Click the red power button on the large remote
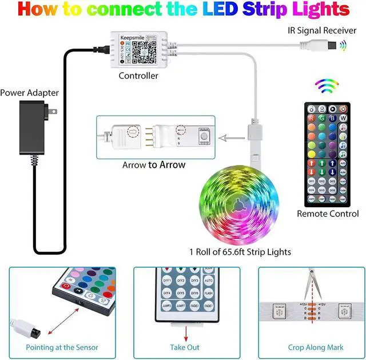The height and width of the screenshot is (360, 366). (343, 109)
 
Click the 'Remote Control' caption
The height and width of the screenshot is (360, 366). (328, 213)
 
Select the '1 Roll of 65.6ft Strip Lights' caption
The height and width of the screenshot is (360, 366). (240, 252)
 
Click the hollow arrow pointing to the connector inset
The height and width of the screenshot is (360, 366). (231, 137)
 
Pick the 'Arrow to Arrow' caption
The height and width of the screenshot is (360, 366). (154, 165)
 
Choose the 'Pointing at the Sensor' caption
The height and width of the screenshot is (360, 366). (62, 347)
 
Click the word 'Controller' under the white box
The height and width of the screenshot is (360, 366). (138, 76)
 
